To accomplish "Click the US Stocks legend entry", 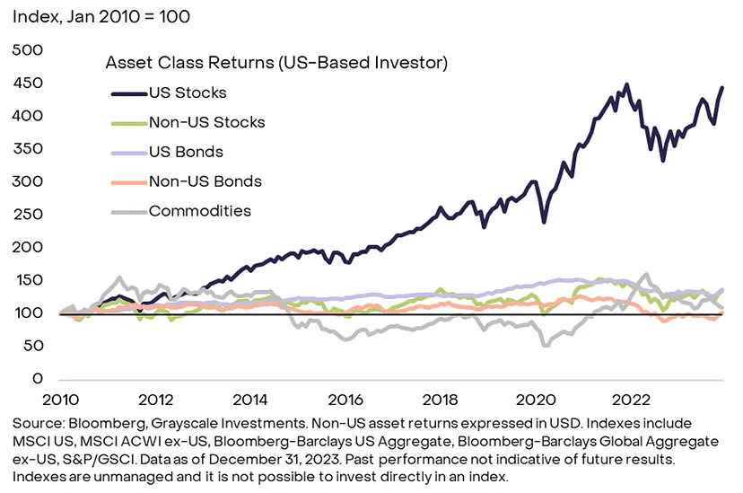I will pos(188,92).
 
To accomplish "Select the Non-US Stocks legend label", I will pos(207,122).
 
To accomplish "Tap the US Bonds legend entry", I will pos(186,152).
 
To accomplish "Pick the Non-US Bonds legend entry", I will pos(205,181).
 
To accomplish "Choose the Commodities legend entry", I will pos(200,211).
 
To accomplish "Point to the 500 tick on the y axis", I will pos(30,50).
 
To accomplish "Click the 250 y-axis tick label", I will pos(30,215).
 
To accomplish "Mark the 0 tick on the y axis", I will pos(39,379).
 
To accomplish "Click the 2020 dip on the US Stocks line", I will pos(544,221).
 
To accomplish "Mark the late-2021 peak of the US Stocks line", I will pos(626,85).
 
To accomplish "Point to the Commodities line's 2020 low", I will pos(544,344).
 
